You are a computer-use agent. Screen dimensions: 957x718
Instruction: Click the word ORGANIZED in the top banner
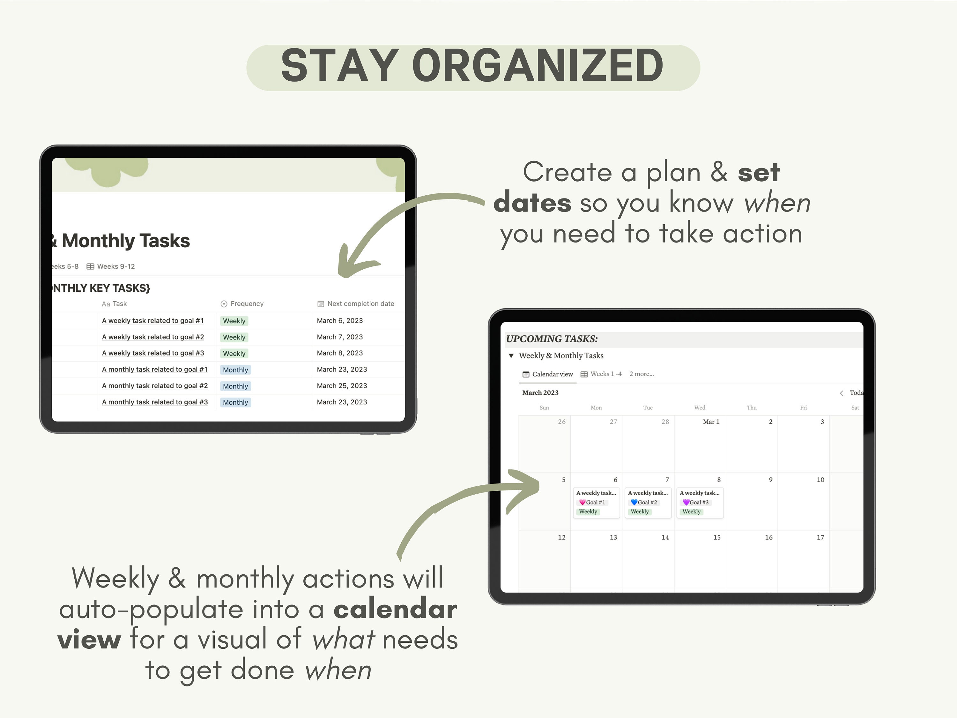[538, 66]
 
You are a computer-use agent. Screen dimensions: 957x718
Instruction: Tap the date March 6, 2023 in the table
[340, 321]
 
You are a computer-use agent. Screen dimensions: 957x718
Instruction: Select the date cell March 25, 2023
[342, 385]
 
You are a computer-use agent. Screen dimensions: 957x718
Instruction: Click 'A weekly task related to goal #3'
[153, 353]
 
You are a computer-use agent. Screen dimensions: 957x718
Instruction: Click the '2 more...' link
[642, 374]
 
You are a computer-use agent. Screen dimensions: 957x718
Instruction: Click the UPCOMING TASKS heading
[552, 339]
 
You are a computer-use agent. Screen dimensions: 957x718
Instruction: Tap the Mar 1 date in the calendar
[711, 422]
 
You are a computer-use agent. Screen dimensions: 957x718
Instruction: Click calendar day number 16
[769, 537]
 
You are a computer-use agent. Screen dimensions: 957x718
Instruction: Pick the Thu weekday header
[752, 408]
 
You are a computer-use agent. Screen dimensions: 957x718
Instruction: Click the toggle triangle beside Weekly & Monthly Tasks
[511, 356]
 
